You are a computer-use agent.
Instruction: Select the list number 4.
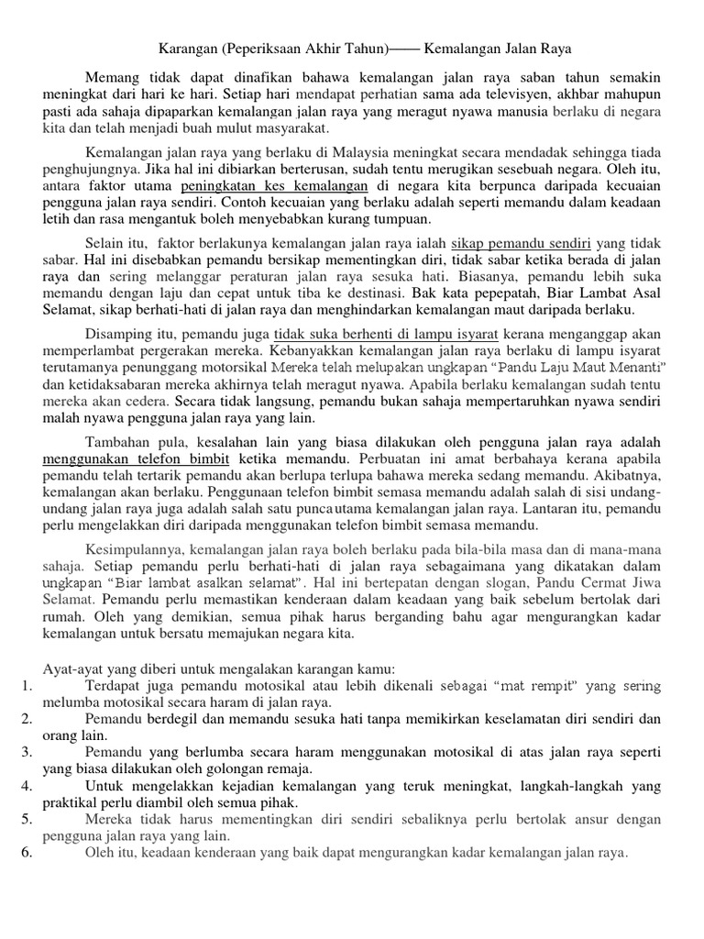[x=27, y=785]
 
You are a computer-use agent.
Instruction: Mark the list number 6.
[x=27, y=852]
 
